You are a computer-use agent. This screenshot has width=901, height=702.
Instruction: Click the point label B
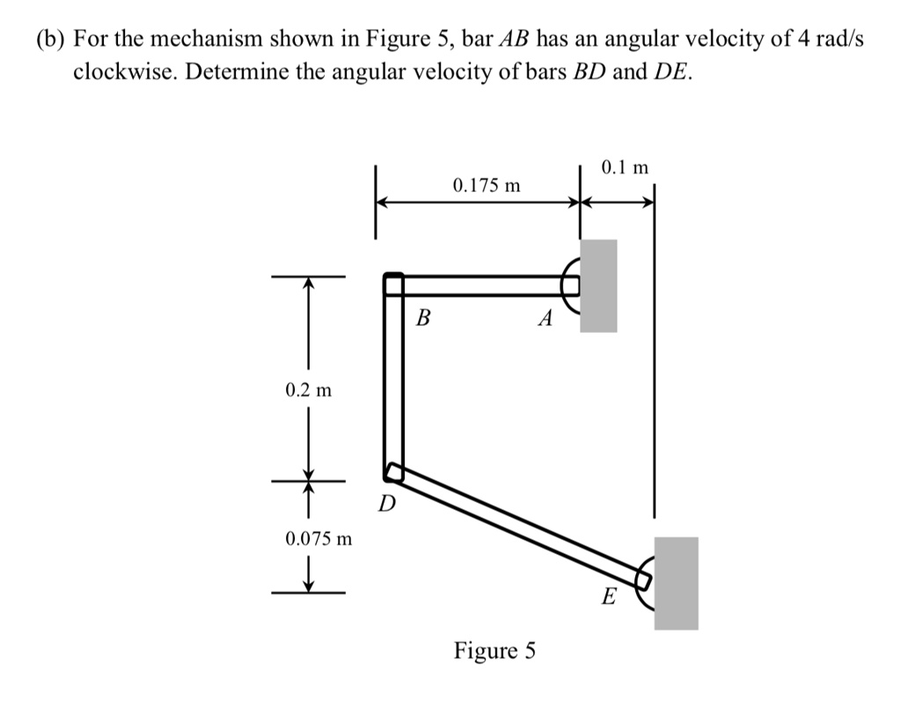pos(422,316)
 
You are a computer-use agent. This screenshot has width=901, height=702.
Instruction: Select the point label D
pos(386,505)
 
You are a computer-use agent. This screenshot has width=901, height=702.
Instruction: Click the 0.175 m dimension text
pos(487,186)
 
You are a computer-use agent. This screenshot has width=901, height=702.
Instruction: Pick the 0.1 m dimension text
pos(626,166)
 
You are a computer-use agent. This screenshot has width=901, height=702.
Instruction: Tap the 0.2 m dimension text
pos(308,388)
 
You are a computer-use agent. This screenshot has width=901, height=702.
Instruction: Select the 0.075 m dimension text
pos(319,537)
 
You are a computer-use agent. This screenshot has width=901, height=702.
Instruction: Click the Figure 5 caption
pos(494,651)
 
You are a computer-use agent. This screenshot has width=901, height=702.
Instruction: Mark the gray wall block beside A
pos(598,285)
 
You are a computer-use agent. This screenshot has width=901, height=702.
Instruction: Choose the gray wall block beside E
pos(676,583)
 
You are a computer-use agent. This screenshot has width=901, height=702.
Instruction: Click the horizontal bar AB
pos(484,284)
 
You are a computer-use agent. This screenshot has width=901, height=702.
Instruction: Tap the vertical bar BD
pos(393,379)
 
